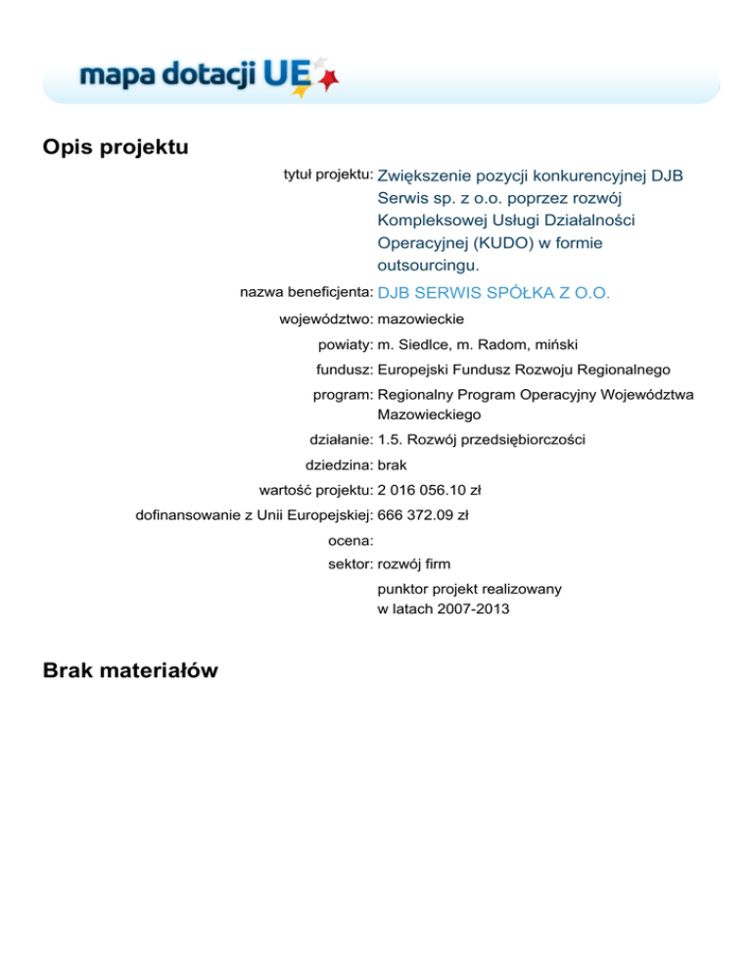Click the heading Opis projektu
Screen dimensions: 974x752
tap(116, 147)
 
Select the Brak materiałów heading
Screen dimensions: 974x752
tap(131, 670)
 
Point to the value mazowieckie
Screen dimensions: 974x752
tap(421, 318)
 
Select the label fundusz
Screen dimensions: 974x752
tap(343, 369)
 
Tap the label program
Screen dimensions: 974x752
tap(342, 395)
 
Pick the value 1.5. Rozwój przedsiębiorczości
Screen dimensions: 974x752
tap(481, 440)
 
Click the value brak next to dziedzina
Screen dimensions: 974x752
tap(393, 465)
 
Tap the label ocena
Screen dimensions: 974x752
tap(349, 540)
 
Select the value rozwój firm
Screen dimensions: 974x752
tap(413, 563)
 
